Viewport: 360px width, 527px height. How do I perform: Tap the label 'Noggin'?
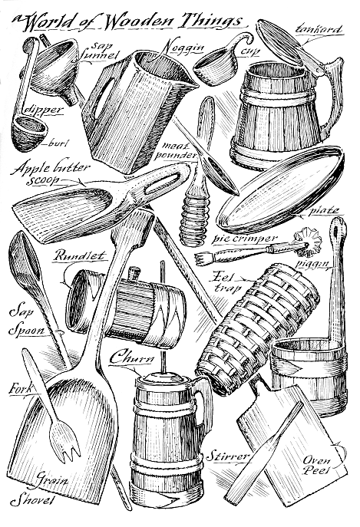point(183,48)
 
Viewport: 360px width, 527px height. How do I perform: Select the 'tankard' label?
point(318,30)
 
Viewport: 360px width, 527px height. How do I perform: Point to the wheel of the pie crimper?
point(307,242)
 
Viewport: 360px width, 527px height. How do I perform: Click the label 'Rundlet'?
point(79,256)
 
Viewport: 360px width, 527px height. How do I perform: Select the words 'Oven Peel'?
point(316,466)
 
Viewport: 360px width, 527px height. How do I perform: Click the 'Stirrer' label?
point(227,456)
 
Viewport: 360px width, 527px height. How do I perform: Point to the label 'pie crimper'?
point(245,238)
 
